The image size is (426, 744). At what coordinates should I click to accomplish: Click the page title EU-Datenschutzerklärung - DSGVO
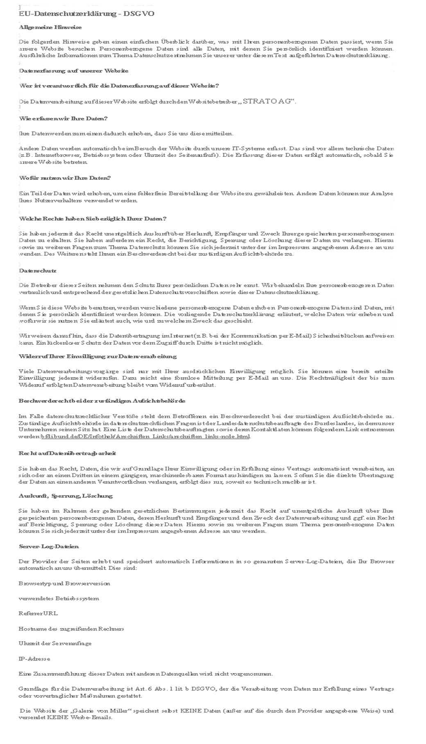86,14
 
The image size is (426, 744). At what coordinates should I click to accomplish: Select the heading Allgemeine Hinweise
50,27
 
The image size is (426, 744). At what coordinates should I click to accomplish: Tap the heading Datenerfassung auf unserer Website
73,71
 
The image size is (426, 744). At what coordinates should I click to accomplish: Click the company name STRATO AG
268,101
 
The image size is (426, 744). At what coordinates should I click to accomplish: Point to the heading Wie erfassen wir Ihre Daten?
63,119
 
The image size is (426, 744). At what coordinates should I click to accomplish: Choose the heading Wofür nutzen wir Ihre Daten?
65,178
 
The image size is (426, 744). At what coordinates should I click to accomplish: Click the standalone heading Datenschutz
38,271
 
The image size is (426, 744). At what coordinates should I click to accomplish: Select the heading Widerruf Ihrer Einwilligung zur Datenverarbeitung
98,357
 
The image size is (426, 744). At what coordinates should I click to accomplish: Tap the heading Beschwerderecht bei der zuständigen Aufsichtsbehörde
102,400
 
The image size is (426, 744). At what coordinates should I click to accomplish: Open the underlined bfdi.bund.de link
145,436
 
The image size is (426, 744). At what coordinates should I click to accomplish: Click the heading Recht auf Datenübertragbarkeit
67,453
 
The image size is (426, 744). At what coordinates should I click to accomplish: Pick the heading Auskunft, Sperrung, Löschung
66,496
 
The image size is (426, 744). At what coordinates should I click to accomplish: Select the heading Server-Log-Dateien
49,546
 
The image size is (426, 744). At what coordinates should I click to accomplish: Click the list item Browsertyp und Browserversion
64,583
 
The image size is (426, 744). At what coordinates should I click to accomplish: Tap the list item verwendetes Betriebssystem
59,598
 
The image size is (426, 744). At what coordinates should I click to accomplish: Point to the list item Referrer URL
38,613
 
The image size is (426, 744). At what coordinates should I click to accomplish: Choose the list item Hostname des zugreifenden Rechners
71,629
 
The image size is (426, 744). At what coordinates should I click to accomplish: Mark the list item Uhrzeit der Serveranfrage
55,643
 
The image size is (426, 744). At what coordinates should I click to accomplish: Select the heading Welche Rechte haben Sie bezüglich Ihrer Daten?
93,219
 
